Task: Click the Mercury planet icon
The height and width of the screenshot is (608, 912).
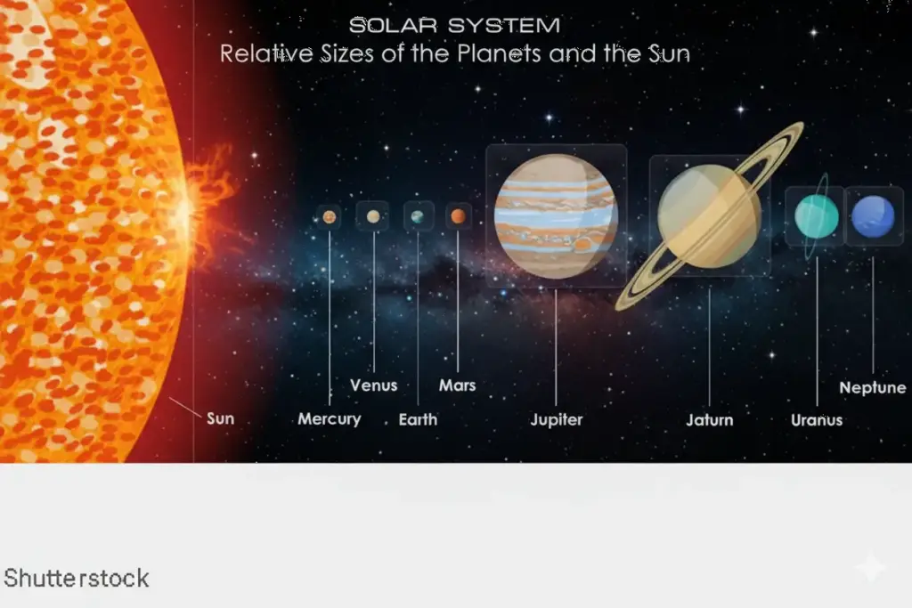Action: [x=330, y=216]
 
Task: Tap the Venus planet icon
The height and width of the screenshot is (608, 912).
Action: [x=373, y=216]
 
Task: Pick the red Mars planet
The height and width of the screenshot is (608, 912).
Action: [x=458, y=216]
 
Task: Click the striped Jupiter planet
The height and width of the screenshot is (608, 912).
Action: [x=556, y=216]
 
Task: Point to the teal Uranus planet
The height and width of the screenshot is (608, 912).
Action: [x=816, y=217]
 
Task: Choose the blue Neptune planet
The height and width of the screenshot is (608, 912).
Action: [x=873, y=217]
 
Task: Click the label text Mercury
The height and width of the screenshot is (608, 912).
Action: [x=330, y=419]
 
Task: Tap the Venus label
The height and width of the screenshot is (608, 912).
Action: [x=373, y=385]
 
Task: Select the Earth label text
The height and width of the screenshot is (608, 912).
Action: [x=418, y=419]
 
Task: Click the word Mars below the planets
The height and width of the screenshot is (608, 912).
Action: [x=458, y=385]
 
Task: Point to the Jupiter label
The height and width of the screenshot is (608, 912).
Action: [x=557, y=419]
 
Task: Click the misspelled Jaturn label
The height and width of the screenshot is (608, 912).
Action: [x=710, y=419]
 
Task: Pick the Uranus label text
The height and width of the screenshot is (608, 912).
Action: [x=817, y=419]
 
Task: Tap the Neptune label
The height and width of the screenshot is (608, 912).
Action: [x=873, y=387]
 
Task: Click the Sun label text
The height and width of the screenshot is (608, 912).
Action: [x=220, y=417]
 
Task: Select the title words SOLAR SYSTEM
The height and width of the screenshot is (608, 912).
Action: [x=454, y=25]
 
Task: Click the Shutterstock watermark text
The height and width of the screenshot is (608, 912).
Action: [x=77, y=579]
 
